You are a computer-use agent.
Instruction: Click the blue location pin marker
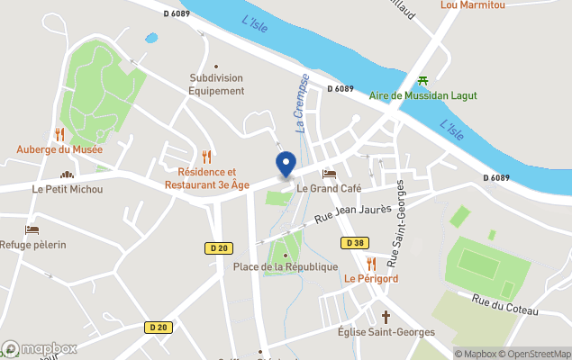coord(285,165)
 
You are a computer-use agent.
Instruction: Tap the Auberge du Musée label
coord(59,149)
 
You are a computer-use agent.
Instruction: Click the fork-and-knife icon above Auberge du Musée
coord(60,134)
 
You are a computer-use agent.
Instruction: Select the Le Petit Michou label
coord(68,189)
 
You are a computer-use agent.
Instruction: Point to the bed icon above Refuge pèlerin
coord(32,230)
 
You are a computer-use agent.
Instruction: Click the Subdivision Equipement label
coord(216,85)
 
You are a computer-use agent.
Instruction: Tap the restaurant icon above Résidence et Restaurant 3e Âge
coord(206,157)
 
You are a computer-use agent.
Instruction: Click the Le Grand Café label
coord(329,188)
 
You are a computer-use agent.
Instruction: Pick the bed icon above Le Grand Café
coord(329,174)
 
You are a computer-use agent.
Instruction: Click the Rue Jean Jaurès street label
coord(353,214)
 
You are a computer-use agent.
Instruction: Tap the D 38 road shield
coord(353,243)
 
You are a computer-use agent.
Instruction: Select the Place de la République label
coord(286,266)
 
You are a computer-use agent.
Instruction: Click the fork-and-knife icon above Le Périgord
coord(371,263)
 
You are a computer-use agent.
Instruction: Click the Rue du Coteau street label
coord(504,303)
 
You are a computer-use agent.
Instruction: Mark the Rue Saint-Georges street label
coord(396,223)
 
